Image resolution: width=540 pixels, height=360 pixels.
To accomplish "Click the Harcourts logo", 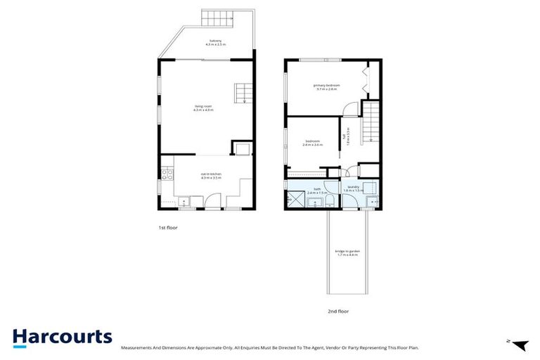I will coord(62,337).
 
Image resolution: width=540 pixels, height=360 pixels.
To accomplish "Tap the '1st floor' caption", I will coord(167,229).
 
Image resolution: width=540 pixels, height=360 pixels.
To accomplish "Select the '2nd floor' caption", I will coord(339,310).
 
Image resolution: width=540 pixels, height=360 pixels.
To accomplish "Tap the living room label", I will coord(203,108).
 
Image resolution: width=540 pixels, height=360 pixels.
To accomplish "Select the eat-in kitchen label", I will coord(211,176).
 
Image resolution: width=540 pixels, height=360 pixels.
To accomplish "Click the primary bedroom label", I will coord(328,87).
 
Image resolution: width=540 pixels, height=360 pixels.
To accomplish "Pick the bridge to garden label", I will coord(347,253).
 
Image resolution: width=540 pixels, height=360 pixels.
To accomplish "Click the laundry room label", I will coord(353,188).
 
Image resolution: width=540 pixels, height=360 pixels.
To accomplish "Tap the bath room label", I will coord(317,191).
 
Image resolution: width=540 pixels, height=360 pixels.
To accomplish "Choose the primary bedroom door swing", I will coord(348,108).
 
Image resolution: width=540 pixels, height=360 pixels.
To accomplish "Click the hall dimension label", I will coord(343,140).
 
